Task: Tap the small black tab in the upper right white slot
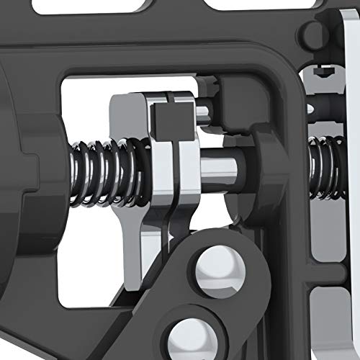coord(323,72)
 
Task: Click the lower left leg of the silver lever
coord(130,252)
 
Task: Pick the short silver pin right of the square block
coord(204,112)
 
